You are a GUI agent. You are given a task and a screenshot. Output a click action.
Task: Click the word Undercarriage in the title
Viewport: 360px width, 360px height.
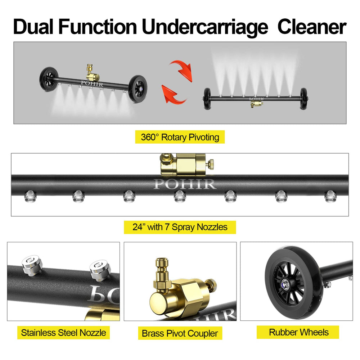205,27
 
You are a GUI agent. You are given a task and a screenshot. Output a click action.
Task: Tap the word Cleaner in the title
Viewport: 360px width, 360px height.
312,27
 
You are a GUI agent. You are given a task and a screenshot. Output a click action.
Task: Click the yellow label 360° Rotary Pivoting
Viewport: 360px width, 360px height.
180,137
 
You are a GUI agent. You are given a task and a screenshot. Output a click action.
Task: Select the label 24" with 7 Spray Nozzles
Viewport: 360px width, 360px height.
180,227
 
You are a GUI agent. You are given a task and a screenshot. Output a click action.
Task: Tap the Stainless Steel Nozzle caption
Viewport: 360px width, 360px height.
63,332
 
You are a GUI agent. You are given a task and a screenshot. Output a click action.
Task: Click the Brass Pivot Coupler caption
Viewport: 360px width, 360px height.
180,333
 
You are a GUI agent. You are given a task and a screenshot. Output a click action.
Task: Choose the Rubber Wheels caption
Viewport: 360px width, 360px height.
298,332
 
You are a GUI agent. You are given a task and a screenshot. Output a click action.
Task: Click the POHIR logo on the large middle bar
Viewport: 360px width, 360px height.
185,184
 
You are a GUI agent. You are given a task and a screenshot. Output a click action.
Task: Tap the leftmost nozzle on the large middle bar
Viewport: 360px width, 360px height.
31,196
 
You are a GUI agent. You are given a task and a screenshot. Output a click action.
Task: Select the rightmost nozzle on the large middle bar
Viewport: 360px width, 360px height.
330,196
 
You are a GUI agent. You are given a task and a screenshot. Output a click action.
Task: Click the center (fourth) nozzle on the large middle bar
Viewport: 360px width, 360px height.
180,196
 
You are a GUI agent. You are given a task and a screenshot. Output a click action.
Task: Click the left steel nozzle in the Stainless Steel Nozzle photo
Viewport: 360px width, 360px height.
32,265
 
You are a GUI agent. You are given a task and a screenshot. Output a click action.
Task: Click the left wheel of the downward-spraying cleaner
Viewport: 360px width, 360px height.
49,79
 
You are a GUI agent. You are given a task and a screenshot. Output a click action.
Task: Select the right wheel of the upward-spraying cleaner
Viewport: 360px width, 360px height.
303,99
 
